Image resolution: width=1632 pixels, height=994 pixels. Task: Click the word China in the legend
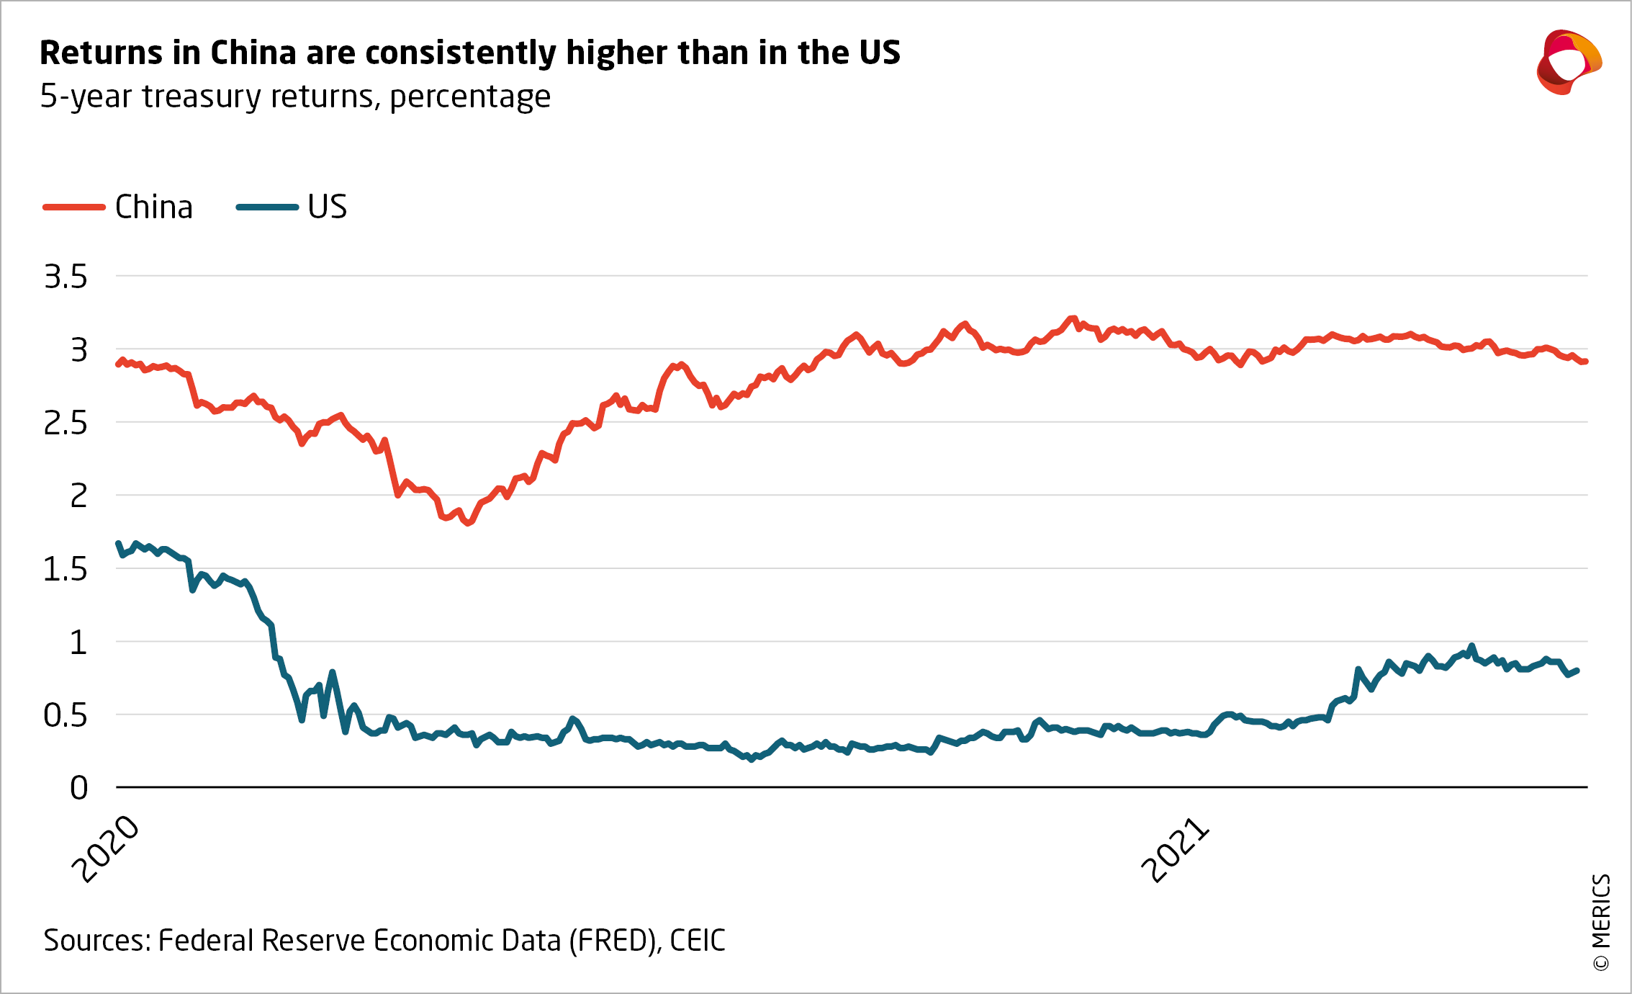(154, 207)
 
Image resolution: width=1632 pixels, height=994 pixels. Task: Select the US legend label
(328, 207)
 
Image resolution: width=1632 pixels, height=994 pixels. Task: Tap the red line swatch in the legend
(74, 207)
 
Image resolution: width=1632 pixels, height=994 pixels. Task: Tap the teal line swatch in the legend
(267, 207)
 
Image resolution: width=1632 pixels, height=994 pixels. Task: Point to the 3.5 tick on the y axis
(66, 277)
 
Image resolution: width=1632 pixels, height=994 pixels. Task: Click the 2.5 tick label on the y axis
(66, 424)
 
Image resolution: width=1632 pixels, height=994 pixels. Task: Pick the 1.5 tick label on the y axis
(66, 570)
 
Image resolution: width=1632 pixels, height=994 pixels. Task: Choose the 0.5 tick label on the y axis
(66, 716)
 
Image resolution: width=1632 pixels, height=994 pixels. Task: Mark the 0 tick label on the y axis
(79, 789)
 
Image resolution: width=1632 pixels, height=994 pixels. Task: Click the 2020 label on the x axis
(107, 849)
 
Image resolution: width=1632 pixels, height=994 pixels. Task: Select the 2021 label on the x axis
(1176, 851)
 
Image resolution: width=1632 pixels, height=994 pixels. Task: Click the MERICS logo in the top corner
(1569, 63)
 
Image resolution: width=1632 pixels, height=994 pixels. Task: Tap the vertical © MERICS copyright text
(1601, 923)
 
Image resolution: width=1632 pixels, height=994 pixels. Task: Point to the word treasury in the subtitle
(202, 97)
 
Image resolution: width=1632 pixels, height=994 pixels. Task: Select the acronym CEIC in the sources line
(698, 941)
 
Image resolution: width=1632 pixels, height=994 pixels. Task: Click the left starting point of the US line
(118, 544)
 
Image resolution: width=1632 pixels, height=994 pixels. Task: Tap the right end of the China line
(1586, 362)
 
